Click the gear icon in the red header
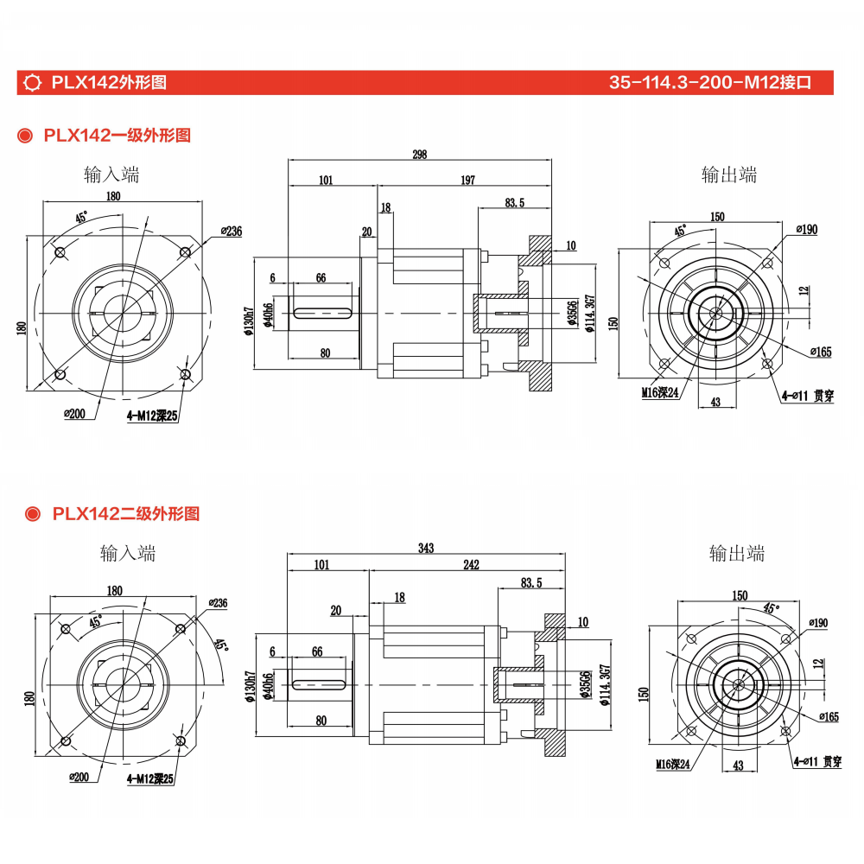coord(35,83)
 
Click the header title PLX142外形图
coord(108,83)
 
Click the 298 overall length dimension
coord(420,155)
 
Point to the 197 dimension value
coord(467,180)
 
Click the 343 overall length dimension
coord(425,548)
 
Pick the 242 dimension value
coord(471,565)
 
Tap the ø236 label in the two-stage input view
coord(218,602)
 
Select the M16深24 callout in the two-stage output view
coord(672,764)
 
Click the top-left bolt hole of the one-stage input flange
coord(60,251)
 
